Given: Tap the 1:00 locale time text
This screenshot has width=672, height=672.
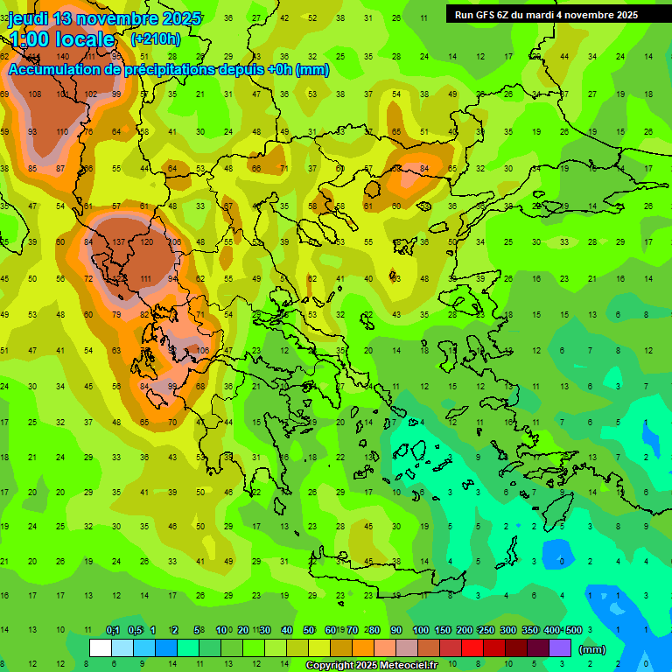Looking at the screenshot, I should coord(62,39).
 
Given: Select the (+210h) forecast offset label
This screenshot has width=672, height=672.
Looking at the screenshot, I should coord(155,38).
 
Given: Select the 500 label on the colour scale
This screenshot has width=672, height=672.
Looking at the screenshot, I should coord(573,630).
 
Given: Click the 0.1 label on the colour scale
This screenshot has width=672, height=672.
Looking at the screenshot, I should coord(113,630).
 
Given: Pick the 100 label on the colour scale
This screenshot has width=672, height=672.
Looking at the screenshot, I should coord(420,630).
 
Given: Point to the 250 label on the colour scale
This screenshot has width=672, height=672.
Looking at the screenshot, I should coord(486,630).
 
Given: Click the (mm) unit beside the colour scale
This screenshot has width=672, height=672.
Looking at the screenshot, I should coord(592,649).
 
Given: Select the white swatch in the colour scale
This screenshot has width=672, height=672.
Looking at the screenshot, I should coord(101,647).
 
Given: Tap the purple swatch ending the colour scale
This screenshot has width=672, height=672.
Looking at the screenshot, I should coord(560,647).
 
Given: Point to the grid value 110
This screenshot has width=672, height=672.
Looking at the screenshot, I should coord(61,132).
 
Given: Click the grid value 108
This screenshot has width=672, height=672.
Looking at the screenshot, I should coord(35,94).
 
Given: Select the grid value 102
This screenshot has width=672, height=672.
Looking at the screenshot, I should coord(90,94).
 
